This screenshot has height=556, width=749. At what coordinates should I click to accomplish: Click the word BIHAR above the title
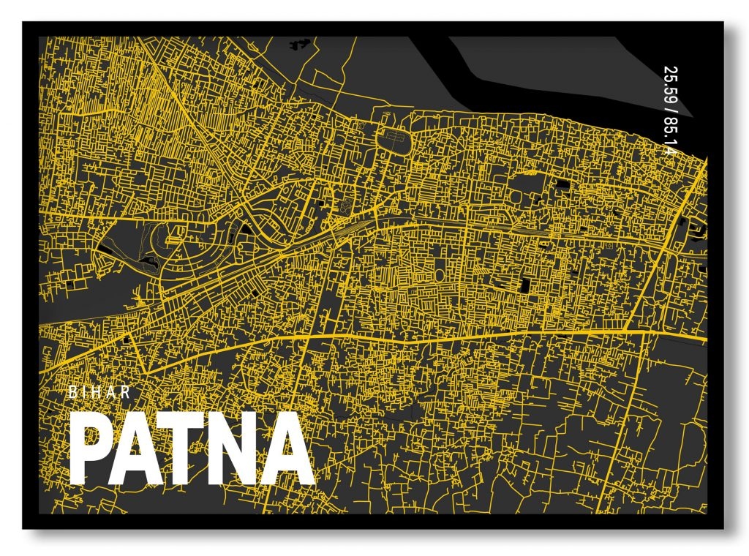click(x=99, y=392)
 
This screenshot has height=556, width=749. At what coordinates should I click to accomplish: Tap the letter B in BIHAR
click(x=72, y=392)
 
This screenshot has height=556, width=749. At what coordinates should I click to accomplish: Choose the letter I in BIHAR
click(x=86, y=392)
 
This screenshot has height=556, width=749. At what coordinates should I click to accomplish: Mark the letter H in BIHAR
click(x=99, y=392)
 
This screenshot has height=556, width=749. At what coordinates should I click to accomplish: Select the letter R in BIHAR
click(x=127, y=392)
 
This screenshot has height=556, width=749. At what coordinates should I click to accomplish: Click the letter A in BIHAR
click(x=113, y=392)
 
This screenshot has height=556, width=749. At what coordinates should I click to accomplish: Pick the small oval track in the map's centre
click(x=439, y=274)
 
